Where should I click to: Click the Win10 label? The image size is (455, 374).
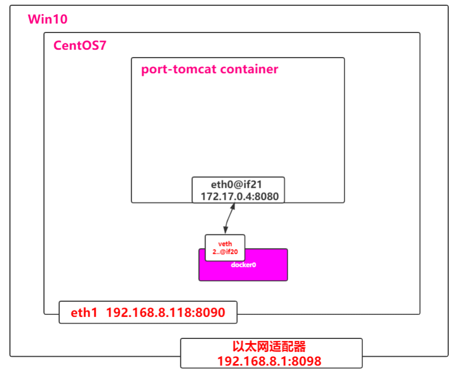[48, 20]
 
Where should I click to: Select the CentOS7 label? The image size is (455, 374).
[80, 46]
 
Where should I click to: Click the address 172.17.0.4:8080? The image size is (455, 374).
[240, 197]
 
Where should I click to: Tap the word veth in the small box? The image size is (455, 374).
[225, 243]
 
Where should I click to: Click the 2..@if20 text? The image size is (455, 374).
[225, 252]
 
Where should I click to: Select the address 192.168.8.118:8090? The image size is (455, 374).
[165, 313]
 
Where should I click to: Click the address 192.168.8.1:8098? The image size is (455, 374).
[269, 360]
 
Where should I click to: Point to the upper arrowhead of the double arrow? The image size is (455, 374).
[234, 206]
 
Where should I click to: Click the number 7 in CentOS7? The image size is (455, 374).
[103, 46]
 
